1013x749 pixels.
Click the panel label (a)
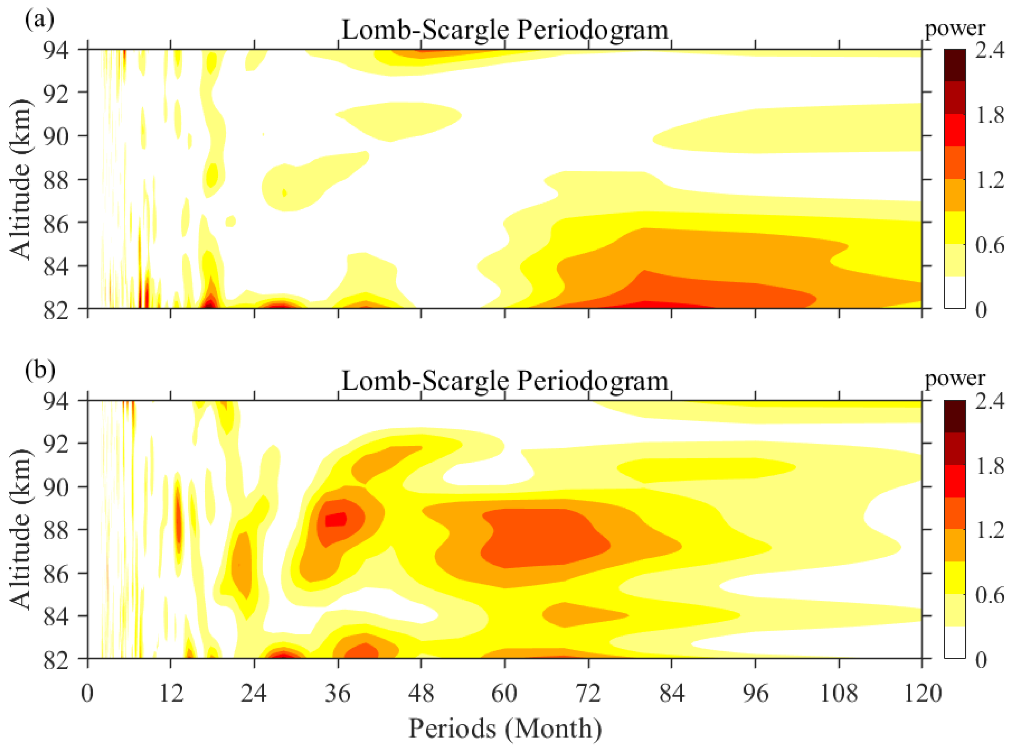click(40, 19)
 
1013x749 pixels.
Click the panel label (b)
click(40, 369)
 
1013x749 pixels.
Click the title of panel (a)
click(505, 30)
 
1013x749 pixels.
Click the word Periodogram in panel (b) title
click(593, 381)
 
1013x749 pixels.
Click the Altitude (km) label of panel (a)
click(20, 179)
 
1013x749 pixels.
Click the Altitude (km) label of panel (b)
click(20, 529)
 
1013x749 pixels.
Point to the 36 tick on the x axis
click(337, 693)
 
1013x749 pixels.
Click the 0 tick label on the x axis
click(87, 693)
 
